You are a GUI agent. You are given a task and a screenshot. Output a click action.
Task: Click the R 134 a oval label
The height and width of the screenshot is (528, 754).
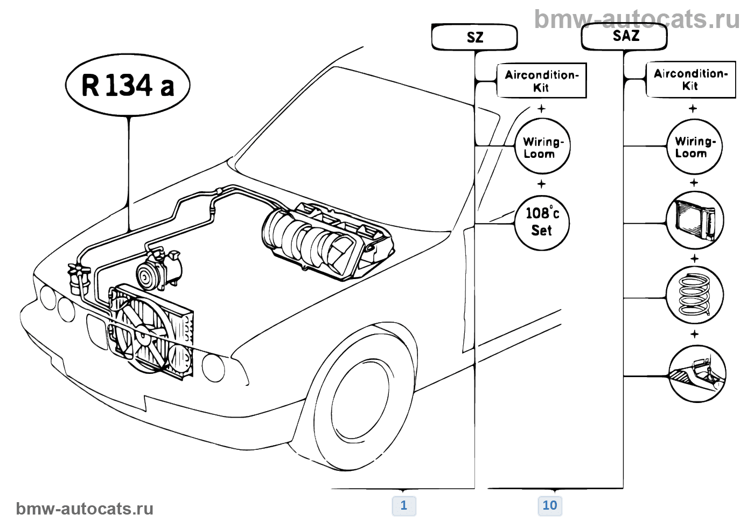(x=128, y=85)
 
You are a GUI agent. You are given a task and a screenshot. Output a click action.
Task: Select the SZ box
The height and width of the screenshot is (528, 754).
(x=474, y=37)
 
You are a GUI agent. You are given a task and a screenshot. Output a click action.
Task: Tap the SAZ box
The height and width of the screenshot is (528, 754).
(x=625, y=37)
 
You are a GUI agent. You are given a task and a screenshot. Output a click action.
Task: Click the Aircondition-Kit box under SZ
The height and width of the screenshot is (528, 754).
(x=541, y=81)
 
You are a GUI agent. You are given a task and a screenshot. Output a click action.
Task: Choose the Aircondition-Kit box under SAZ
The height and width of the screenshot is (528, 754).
(x=690, y=80)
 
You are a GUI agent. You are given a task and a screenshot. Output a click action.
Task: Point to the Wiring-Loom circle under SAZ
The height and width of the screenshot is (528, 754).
(x=694, y=147)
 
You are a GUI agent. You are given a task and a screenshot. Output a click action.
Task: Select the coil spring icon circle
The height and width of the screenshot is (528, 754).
(x=694, y=295)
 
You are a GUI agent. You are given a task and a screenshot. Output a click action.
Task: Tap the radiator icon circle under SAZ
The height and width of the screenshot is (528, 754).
(x=694, y=221)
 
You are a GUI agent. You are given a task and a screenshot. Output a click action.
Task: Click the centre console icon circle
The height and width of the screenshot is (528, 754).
(x=697, y=373)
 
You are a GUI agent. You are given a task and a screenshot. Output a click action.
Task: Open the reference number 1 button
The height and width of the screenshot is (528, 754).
(x=403, y=505)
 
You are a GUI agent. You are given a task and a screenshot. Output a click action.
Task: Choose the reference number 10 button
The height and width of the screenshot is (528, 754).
(x=549, y=505)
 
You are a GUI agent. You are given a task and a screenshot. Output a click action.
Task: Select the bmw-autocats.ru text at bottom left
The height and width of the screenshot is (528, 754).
(x=85, y=509)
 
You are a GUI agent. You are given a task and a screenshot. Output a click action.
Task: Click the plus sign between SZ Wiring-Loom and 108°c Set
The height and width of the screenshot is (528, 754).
(x=541, y=184)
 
